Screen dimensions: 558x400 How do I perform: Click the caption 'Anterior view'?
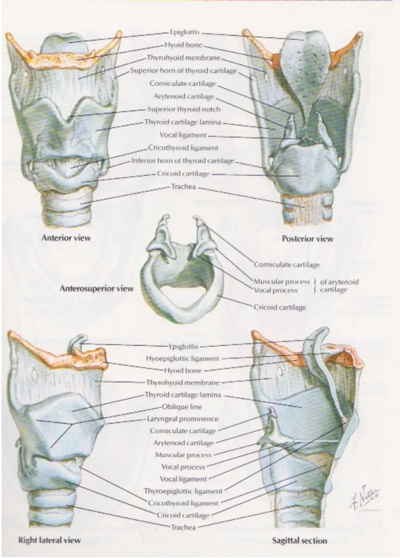(66, 238)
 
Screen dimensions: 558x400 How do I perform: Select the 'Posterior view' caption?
(307, 239)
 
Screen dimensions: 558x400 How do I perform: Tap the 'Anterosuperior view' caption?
(96, 288)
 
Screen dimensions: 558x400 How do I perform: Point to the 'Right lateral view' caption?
(50, 540)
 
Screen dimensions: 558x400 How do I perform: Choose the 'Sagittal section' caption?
(299, 541)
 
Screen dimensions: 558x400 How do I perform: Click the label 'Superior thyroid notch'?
(184, 109)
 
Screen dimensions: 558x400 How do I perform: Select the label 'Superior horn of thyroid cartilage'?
(183, 71)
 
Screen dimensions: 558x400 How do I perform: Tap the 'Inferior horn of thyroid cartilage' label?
(183, 161)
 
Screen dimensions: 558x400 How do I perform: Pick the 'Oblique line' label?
(182, 407)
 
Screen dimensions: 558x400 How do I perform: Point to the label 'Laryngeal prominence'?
(183, 418)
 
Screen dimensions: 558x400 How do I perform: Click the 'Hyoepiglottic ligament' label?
(183, 358)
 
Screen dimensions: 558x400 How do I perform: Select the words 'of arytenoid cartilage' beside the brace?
(339, 286)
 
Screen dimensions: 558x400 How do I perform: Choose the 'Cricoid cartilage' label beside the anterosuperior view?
(280, 307)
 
